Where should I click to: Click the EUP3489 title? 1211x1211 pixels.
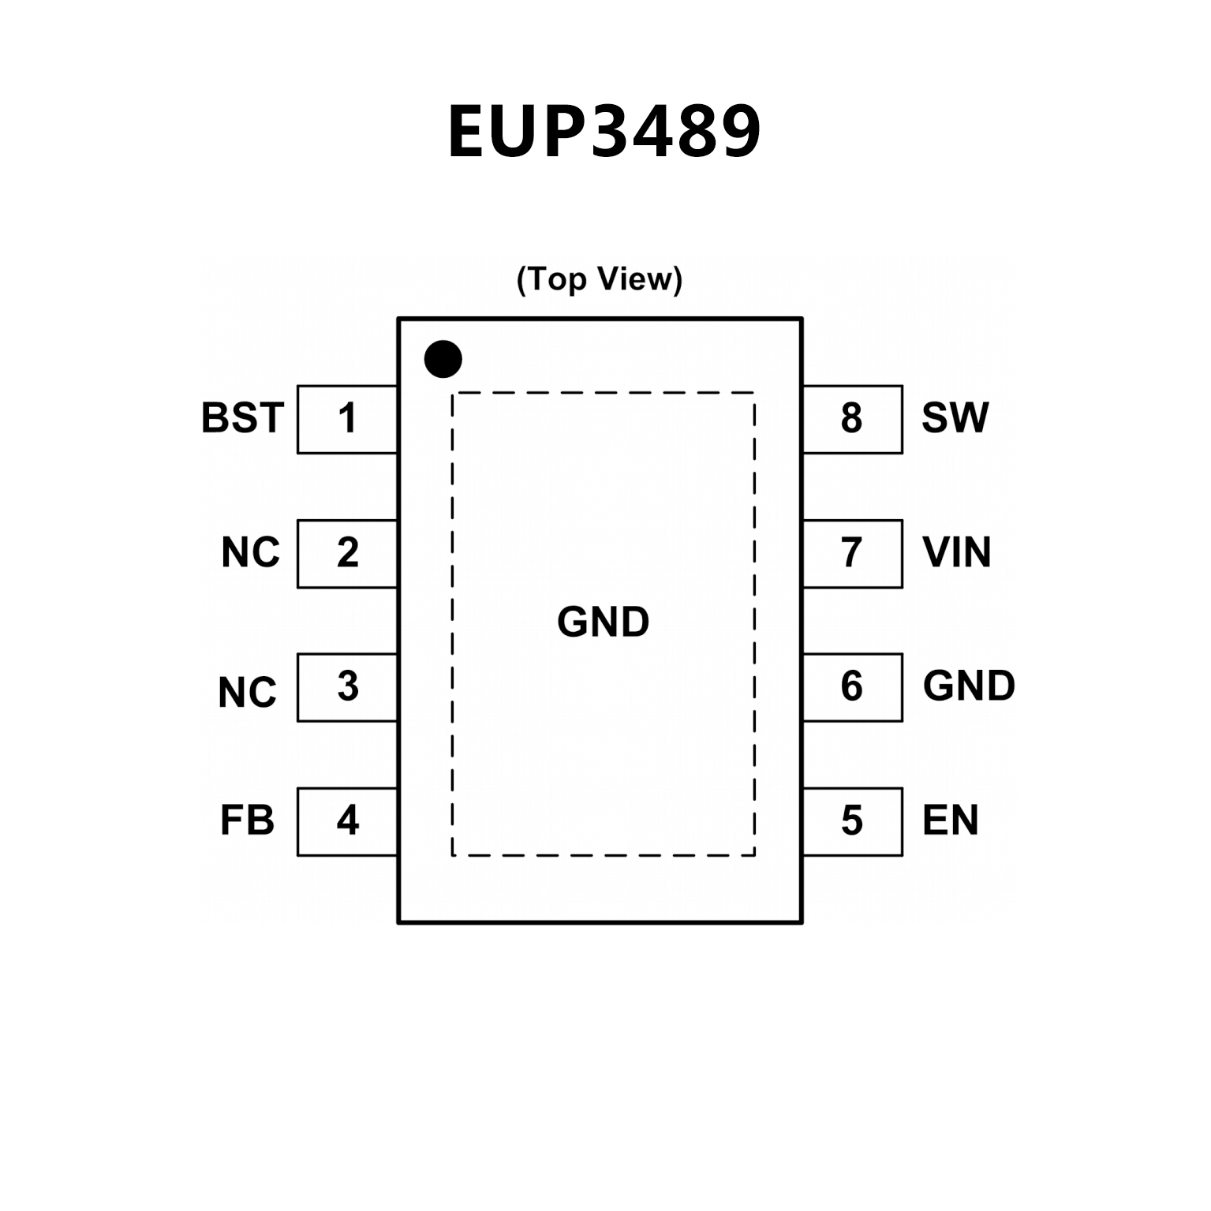tap(604, 132)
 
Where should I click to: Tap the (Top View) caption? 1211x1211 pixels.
tap(600, 279)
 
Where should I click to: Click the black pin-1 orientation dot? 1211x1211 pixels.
tap(443, 359)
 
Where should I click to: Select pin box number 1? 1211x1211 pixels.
tap(347, 419)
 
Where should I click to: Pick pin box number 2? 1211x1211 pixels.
tap(347, 553)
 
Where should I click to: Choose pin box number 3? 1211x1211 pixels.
tap(347, 687)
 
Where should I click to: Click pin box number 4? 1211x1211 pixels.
tap(347, 821)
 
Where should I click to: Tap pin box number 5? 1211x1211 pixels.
tap(852, 821)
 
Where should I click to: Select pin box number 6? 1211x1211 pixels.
tap(852, 687)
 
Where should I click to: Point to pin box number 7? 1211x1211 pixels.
tap(852, 553)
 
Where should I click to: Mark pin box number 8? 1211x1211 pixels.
tap(852, 419)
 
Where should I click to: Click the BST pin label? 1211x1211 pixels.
tap(242, 418)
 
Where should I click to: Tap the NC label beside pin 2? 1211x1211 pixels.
tap(250, 553)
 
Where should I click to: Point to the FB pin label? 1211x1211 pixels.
tap(247, 820)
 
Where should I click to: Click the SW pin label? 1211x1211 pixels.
tap(955, 418)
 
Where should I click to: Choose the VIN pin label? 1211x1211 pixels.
tap(956, 552)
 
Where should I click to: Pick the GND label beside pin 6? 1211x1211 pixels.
tap(969, 686)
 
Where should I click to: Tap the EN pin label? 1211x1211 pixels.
tap(950, 820)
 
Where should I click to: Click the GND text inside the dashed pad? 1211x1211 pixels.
tap(603, 622)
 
